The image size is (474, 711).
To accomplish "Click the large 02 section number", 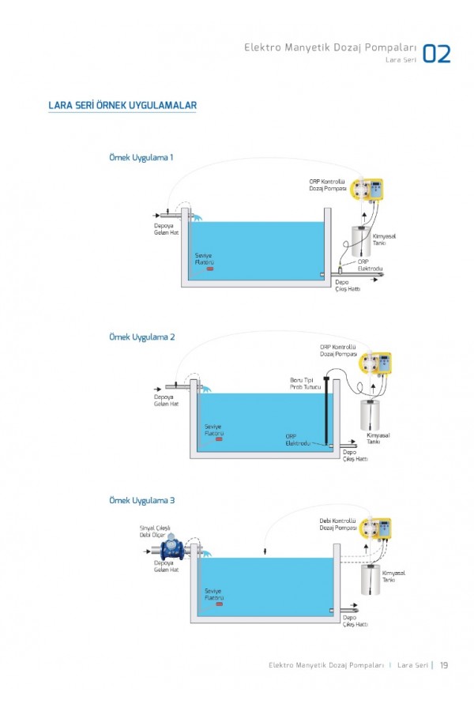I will tap(437, 53).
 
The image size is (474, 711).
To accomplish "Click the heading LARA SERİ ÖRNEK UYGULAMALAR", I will tap(122, 106).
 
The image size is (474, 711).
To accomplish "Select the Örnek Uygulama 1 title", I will tap(141, 157).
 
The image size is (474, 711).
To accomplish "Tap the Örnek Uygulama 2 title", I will tap(141, 337).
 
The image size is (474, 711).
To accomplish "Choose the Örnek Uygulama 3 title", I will tap(141, 500).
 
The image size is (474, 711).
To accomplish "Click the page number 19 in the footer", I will tap(444, 664).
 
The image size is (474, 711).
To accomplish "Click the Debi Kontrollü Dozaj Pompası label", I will tap(338, 524).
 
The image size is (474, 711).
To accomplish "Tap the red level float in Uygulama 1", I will tap(210, 269).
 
